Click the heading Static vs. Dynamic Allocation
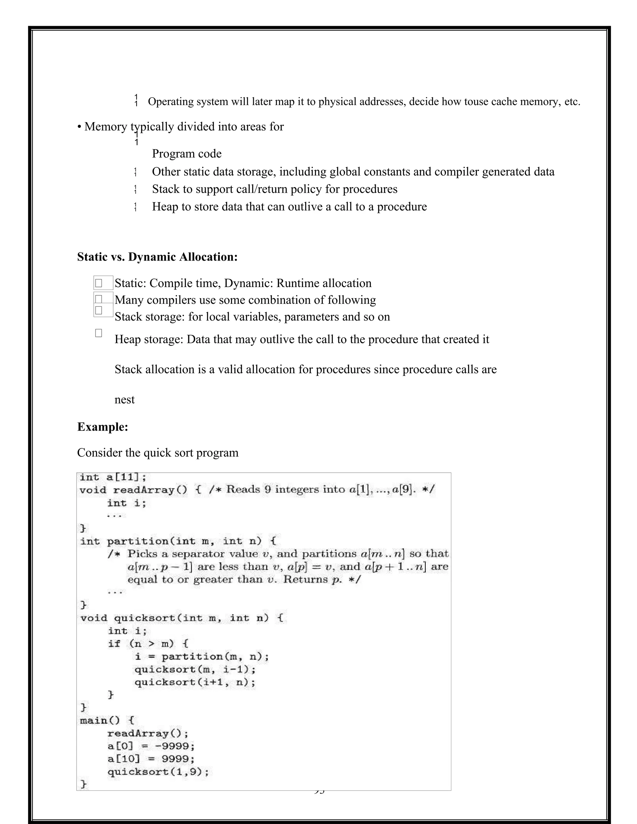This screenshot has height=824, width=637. pos(157,257)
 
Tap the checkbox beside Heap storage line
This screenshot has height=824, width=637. pos(99,333)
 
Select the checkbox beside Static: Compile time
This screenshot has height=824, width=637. pos(99,283)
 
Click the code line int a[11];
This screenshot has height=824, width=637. pos(113,477)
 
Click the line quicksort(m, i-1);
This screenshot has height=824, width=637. pos(195,669)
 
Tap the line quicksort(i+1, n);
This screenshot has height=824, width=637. pos(195,682)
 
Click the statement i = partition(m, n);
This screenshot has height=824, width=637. pos(202,656)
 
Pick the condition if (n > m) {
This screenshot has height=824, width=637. pos(148,644)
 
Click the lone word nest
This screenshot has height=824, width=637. pos(124,400)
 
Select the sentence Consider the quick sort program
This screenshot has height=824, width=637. pos(158,453)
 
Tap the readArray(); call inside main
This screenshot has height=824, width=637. pos(147,733)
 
